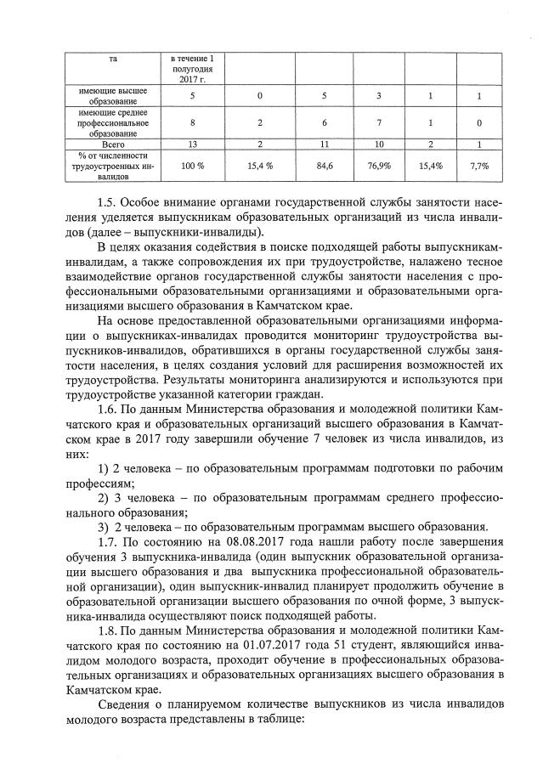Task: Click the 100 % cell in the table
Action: tap(193, 167)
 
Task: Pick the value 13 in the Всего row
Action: tap(193, 144)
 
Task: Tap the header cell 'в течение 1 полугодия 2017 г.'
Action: tap(193, 67)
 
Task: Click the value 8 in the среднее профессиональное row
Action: tap(193, 123)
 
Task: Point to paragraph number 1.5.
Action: tap(107, 203)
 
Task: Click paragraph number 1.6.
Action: tap(107, 409)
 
